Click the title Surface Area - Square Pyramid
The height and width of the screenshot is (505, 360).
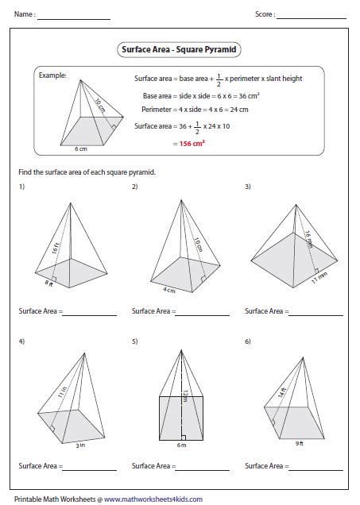point(180,49)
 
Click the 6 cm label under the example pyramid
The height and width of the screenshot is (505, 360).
point(81,148)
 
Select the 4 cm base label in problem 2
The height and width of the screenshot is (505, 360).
point(168,290)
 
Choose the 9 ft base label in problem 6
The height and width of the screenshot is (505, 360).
point(299,443)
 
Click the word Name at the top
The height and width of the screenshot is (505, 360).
point(23,14)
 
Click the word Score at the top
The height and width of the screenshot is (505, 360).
point(264,14)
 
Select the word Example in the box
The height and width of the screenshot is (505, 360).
point(53,76)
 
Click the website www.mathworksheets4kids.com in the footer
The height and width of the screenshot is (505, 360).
point(150,499)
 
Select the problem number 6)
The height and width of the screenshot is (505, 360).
point(248,341)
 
